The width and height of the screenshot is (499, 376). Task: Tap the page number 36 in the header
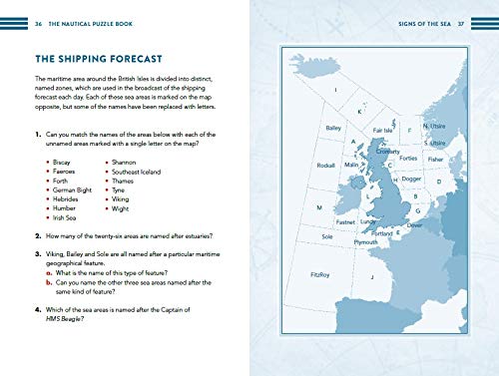(37, 19)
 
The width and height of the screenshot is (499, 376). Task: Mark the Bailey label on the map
(334, 129)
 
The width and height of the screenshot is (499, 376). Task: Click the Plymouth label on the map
(365, 241)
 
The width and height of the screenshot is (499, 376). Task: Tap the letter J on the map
(371, 277)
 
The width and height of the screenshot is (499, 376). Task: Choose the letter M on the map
(318, 207)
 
